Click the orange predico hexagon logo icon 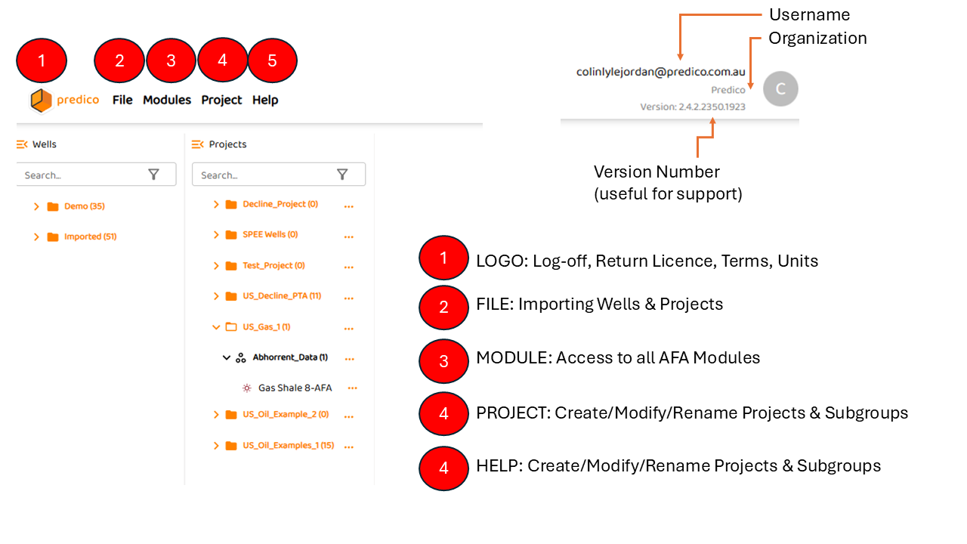point(41,100)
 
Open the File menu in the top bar point(122,100)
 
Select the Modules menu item point(167,100)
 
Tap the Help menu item point(265,100)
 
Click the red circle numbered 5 point(273,60)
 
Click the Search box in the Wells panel point(83,175)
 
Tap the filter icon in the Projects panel point(342,175)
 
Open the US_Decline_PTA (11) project point(281,296)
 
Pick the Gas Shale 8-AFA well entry point(295,388)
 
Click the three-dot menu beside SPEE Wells point(348,236)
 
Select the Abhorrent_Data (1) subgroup point(289,357)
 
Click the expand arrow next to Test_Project point(216,266)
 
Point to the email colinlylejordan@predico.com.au point(660,73)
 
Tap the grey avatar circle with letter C point(780,89)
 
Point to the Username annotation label point(809,14)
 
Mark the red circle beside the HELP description point(443,468)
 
